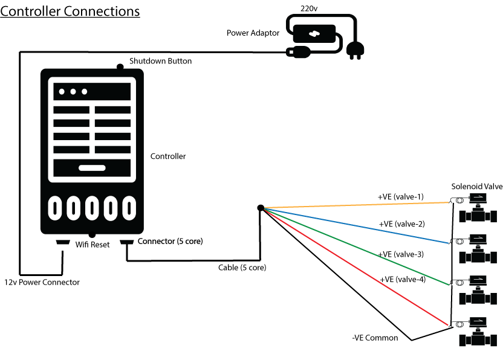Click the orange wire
[x=357, y=205]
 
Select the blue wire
[x=357, y=226]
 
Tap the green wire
[x=357, y=246]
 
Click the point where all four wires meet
[x=265, y=208]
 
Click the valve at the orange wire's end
[x=478, y=207]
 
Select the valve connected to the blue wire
[x=478, y=248]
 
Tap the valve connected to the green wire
[x=478, y=289]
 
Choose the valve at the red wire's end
[x=478, y=330]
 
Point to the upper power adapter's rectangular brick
[x=314, y=33]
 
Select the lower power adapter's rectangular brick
[x=314, y=270]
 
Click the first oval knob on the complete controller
[x=56, y=208]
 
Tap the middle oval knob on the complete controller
[x=92, y=208]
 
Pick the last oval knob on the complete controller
[x=128, y=208]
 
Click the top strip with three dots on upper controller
[x=92, y=92]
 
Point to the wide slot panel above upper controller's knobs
[x=92, y=168]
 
